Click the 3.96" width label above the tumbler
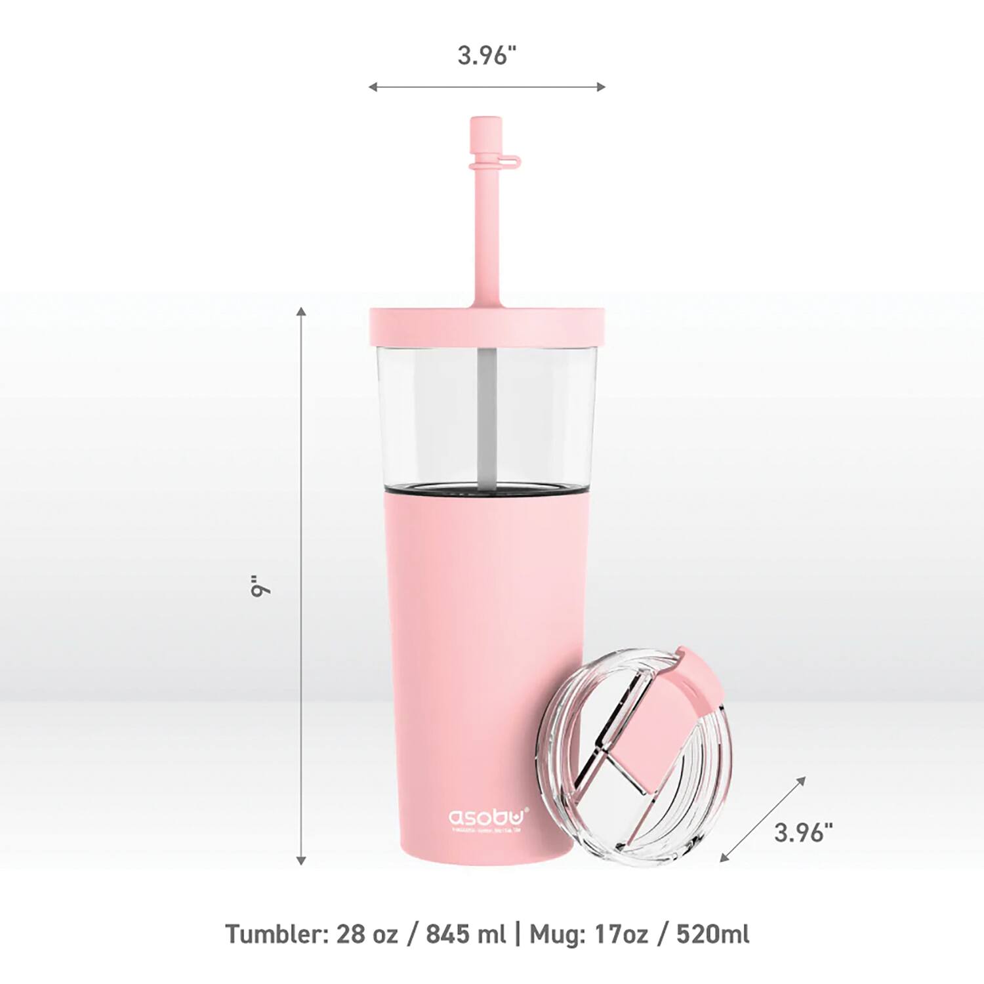[483, 56]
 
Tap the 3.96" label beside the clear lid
[803, 832]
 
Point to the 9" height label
[260, 586]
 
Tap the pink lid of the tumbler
[485, 324]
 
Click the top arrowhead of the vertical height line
[302, 311]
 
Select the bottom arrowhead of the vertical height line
[302, 860]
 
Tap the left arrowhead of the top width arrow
[373, 87]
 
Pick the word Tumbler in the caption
[275, 933]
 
